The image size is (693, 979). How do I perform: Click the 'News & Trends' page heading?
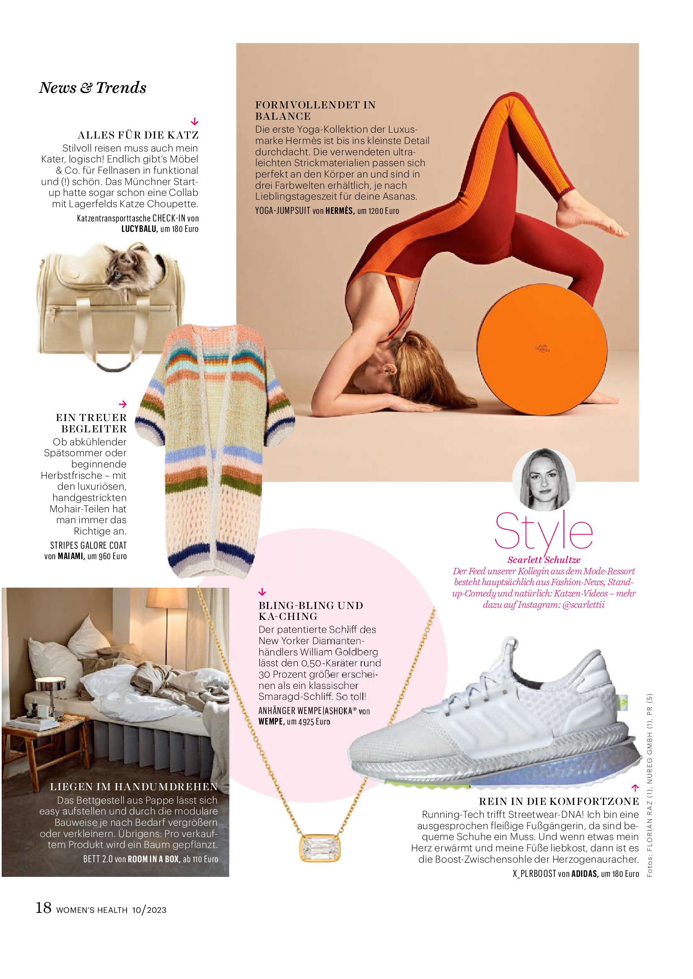click(93, 88)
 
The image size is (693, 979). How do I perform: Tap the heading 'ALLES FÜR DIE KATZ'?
click(138, 135)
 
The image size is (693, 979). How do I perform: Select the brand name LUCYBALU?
click(140, 229)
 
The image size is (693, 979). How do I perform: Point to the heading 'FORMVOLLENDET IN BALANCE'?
click(315, 110)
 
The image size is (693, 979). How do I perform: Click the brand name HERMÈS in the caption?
click(340, 211)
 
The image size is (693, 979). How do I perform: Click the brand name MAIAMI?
click(71, 556)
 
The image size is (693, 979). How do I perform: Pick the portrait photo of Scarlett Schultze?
click(544, 480)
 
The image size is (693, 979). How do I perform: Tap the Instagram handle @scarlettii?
click(583, 605)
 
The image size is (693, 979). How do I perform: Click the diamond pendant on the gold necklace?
click(320, 848)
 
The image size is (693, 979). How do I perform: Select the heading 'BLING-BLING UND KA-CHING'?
click(310, 611)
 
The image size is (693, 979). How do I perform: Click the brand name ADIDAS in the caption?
click(584, 874)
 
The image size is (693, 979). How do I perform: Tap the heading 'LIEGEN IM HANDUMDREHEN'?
click(134, 787)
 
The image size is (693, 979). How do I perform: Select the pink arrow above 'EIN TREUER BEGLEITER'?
click(123, 404)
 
